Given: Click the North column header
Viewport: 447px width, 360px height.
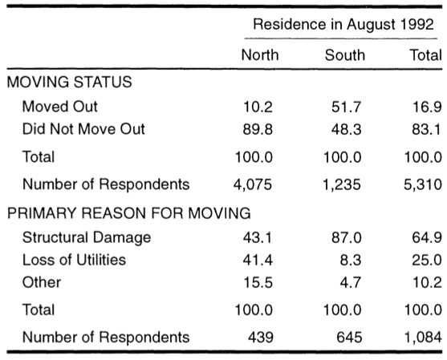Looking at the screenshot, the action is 260,55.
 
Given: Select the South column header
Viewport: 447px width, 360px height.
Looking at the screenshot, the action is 345,55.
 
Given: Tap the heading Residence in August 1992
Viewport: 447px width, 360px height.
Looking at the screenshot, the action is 343,24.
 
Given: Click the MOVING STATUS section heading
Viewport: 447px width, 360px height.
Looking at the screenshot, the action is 70,82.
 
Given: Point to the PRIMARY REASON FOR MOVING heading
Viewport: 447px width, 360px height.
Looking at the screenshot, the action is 129,213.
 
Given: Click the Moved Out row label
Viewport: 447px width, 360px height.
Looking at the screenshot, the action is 60,107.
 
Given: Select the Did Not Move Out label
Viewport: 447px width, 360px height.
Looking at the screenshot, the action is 83,129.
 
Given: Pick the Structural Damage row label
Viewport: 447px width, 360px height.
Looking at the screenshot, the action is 87,238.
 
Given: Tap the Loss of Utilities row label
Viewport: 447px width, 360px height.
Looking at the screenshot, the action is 74,260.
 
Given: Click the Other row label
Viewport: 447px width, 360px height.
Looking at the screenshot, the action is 42,282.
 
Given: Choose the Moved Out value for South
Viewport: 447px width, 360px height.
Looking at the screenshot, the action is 347,107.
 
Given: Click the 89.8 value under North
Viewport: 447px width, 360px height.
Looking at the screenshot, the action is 258,129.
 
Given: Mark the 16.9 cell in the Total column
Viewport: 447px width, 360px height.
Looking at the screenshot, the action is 427,107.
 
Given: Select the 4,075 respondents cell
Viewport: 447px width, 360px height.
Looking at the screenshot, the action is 253,184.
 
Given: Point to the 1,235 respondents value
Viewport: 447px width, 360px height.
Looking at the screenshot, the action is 342,184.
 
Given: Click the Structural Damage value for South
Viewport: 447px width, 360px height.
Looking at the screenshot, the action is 347,238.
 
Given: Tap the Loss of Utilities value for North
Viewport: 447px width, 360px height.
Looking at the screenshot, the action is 258,260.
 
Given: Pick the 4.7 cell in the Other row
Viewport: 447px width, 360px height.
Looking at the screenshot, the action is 351,282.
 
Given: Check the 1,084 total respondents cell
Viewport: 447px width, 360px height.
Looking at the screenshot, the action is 424,338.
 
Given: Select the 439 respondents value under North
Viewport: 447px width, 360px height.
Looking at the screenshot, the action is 261,338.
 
